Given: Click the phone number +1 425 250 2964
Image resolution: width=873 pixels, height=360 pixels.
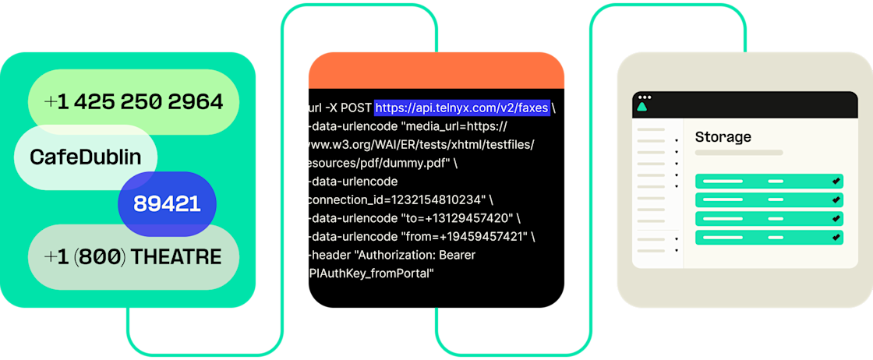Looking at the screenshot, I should click(x=133, y=101).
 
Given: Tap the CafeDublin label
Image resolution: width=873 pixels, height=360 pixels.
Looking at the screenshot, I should click(x=86, y=157).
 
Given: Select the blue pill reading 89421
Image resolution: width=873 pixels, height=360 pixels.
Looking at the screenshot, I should click(x=167, y=204).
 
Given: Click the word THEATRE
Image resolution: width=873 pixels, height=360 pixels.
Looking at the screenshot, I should click(x=176, y=257).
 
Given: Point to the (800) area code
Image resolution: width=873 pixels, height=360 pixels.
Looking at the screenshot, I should click(x=98, y=257).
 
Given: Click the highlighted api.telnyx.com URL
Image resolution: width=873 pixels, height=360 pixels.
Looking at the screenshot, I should click(x=461, y=107).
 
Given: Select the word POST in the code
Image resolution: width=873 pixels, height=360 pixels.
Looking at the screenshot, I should click(x=353, y=107).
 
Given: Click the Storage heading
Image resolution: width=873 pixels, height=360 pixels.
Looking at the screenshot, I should click(x=723, y=137).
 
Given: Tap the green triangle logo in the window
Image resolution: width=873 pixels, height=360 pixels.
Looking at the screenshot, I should click(x=644, y=107).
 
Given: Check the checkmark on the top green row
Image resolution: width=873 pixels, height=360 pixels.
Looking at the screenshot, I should click(x=836, y=181).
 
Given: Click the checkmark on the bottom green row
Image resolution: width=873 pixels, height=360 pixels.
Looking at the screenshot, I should click(x=836, y=237).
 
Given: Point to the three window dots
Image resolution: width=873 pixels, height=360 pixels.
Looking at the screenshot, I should click(x=644, y=97).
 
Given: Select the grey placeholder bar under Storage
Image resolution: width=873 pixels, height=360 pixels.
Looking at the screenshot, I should click(x=738, y=153).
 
